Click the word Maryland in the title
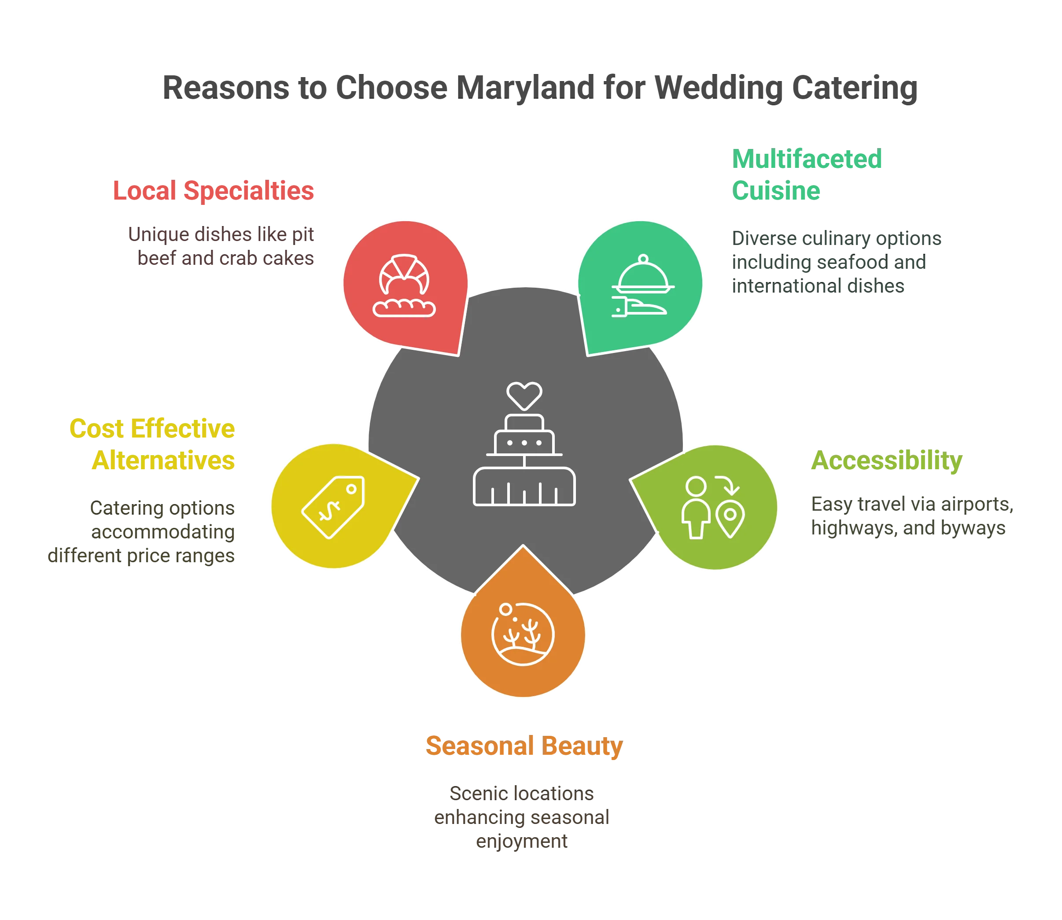[525, 87]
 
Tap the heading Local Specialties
[214, 190]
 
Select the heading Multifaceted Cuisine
[807, 174]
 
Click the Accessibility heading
[886, 460]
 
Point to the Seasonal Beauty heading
[524, 746]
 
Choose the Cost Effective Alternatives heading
[152, 445]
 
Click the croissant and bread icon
[404, 286]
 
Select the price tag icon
[333, 507]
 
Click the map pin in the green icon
[730, 519]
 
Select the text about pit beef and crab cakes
[221, 247]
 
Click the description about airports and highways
[911, 516]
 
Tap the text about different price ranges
[141, 531]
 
